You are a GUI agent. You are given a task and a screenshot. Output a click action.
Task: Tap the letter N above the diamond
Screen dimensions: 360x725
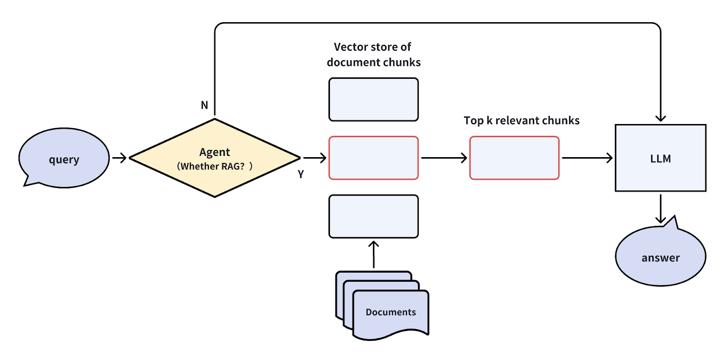(x=204, y=105)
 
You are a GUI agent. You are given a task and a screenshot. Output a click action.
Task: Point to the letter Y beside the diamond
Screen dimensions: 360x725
(x=300, y=174)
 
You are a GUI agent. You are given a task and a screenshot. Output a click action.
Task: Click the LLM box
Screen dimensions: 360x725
(x=660, y=158)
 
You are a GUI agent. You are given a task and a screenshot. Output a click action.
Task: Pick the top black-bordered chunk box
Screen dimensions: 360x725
(x=373, y=100)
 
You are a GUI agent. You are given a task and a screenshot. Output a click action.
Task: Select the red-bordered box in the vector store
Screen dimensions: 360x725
(x=373, y=158)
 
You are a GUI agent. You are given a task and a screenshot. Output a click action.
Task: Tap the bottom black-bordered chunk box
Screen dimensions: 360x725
(x=373, y=216)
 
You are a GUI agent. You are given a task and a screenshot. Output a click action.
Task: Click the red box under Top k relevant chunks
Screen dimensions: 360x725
(x=514, y=158)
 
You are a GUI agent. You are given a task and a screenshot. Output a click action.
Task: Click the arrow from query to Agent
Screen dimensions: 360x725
(x=119, y=158)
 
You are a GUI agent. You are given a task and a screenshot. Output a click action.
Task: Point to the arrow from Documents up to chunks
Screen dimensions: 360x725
(x=373, y=254)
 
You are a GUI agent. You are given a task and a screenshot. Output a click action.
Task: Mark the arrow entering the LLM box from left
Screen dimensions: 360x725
(x=587, y=158)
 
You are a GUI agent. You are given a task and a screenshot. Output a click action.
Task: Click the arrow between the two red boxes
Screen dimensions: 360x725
(x=444, y=158)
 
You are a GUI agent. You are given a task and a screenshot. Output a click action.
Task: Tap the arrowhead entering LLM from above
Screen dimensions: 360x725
(x=661, y=118)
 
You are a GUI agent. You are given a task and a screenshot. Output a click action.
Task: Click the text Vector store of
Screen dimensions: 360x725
(x=372, y=47)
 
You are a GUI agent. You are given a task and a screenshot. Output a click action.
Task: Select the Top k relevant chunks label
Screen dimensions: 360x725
(x=522, y=120)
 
